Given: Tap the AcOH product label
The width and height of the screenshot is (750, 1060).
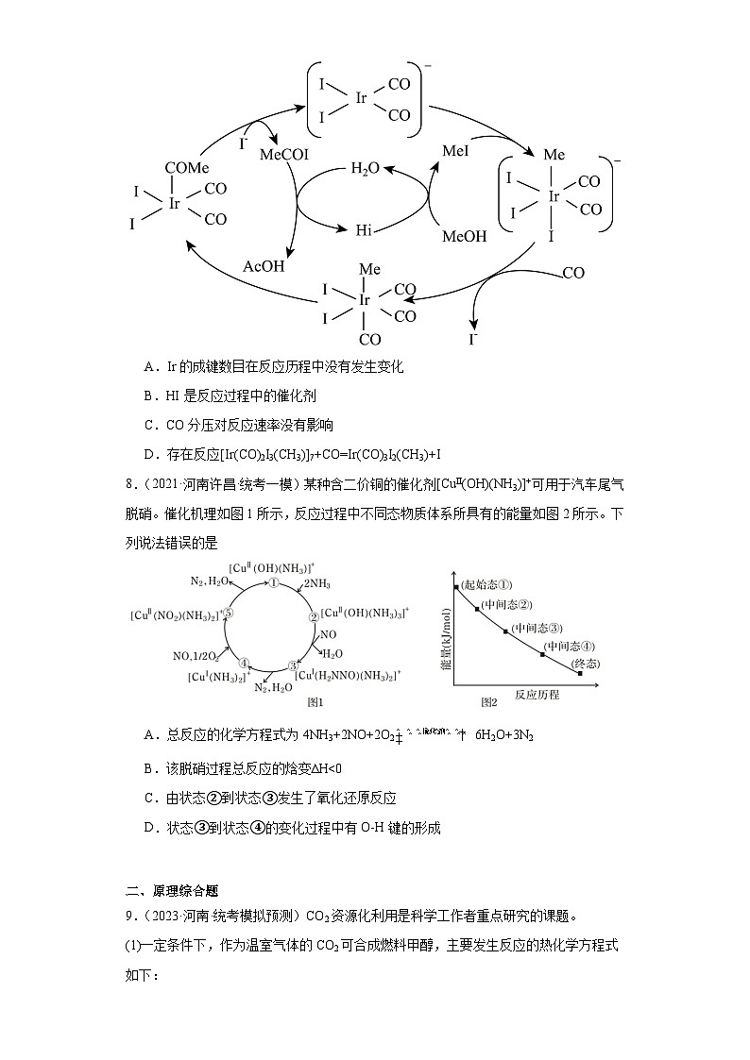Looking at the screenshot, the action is click(264, 266).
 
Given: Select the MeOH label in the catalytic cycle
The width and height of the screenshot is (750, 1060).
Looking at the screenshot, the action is click(465, 236).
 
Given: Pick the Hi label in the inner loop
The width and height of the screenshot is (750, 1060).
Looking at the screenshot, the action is click(365, 229).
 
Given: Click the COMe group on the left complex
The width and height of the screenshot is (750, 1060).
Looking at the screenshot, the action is click(187, 168).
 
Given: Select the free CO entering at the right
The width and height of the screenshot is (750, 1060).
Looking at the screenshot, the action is click(573, 273).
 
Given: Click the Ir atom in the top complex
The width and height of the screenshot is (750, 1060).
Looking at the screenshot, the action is click(362, 98).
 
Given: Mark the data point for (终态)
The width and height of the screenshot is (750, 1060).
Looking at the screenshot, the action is click(580, 674).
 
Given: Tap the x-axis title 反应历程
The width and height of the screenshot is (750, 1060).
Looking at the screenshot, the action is click(537, 695).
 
